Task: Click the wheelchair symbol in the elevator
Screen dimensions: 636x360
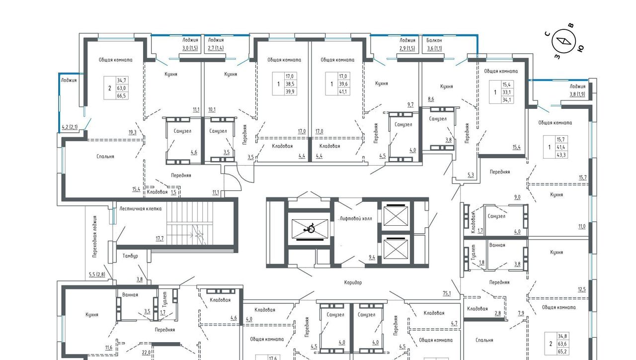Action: [x=310, y=228]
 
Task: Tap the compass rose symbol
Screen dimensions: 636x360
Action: [x=563, y=41]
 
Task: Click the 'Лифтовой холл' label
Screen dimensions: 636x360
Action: [x=356, y=218]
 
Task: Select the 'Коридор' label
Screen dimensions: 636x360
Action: [x=353, y=282]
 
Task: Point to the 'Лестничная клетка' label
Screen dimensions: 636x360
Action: [x=140, y=208]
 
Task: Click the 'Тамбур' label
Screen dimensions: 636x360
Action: [x=130, y=256]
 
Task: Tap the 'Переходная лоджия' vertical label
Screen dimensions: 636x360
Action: [x=95, y=237]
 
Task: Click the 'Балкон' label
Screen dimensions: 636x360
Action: [x=434, y=40]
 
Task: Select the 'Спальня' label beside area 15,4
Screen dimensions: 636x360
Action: [x=105, y=157]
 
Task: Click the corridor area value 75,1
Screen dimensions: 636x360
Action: [x=447, y=293]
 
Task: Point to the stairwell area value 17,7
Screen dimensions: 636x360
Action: [x=159, y=238]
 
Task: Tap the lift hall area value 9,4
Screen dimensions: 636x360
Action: [x=372, y=258]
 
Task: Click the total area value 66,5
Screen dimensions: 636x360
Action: [x=121, y=96]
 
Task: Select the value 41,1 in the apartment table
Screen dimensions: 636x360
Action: [x=343, y=91]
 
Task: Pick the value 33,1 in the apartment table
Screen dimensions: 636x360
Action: [x=506, y=92]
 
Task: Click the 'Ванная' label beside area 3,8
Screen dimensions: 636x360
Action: [x=497, y=245]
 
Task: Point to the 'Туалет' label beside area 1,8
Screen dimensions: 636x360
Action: [x=474, y=252]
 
